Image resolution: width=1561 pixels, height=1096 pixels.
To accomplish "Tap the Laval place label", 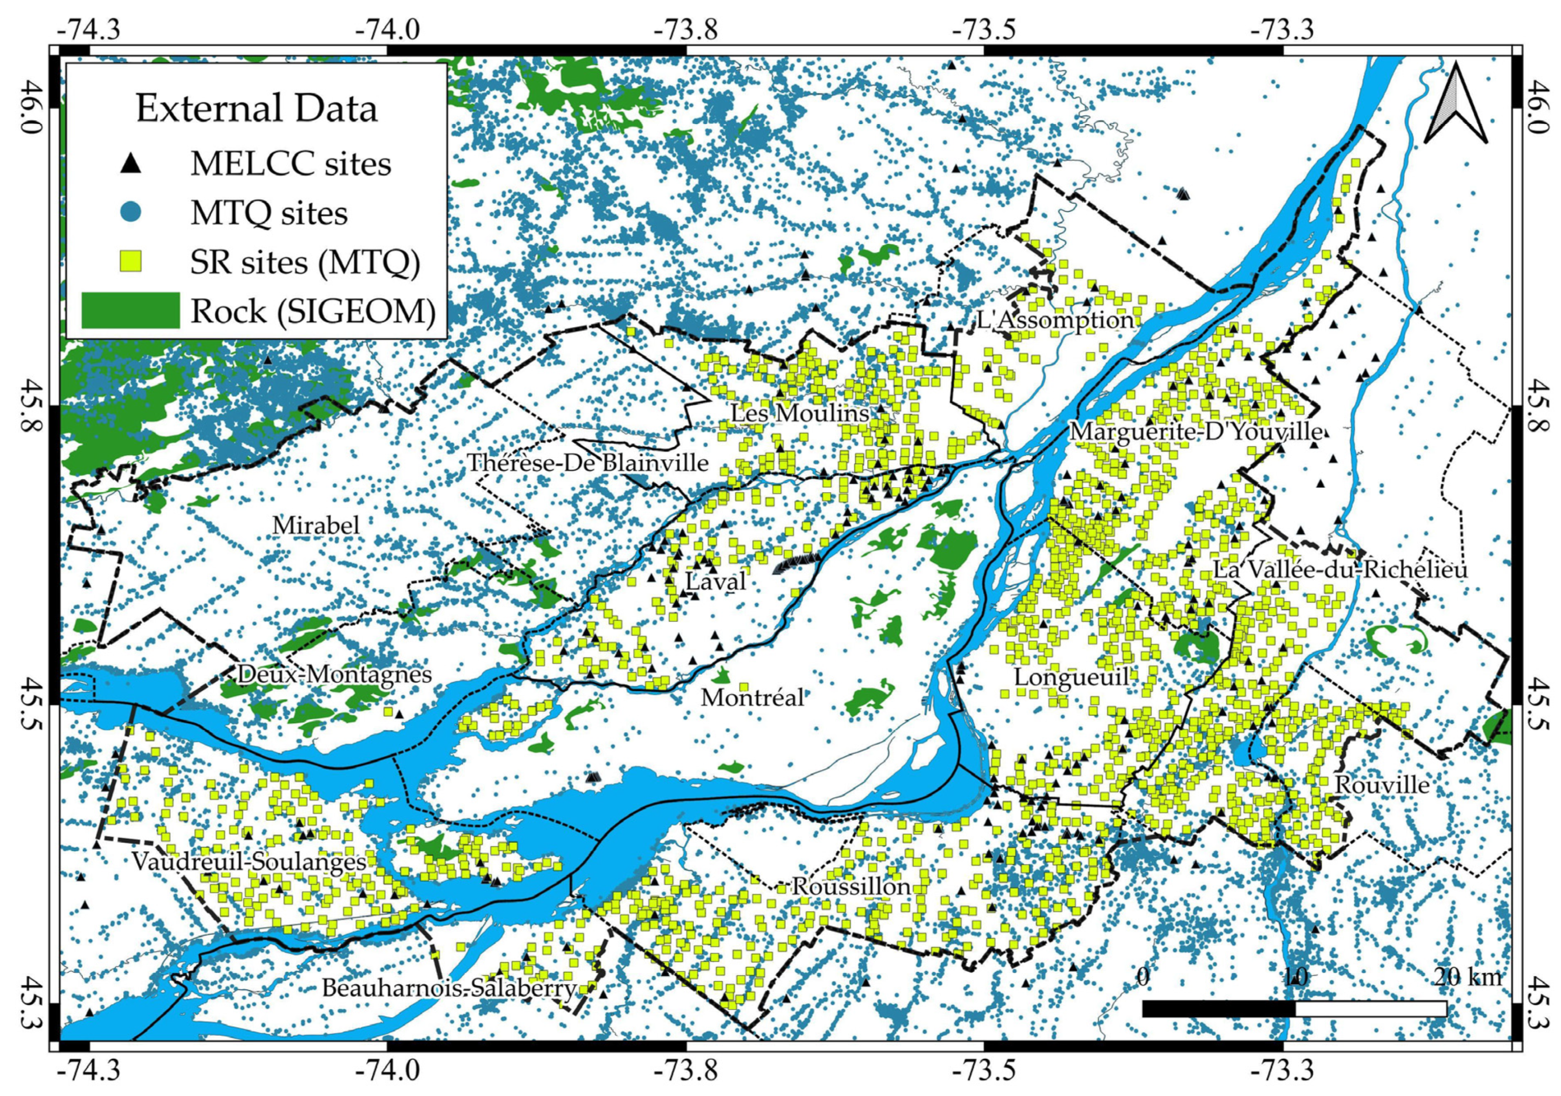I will click(x=715, y=581).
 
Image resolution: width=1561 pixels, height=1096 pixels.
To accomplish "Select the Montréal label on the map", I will click(x=753, y=697).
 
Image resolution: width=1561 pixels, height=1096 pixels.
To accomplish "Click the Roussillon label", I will click(x=851, y=887).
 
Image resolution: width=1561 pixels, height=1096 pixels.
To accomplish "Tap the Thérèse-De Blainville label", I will click(x=587, y=463).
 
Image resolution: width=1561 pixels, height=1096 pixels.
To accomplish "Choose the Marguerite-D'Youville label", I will click(x=1196, y=432).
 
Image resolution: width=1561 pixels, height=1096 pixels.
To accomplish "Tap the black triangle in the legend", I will click(x=133, y=163).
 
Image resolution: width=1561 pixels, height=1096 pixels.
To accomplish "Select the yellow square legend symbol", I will click(x=133, y=261).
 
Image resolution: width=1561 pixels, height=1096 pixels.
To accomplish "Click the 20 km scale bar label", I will click(x=1467, y=977).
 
